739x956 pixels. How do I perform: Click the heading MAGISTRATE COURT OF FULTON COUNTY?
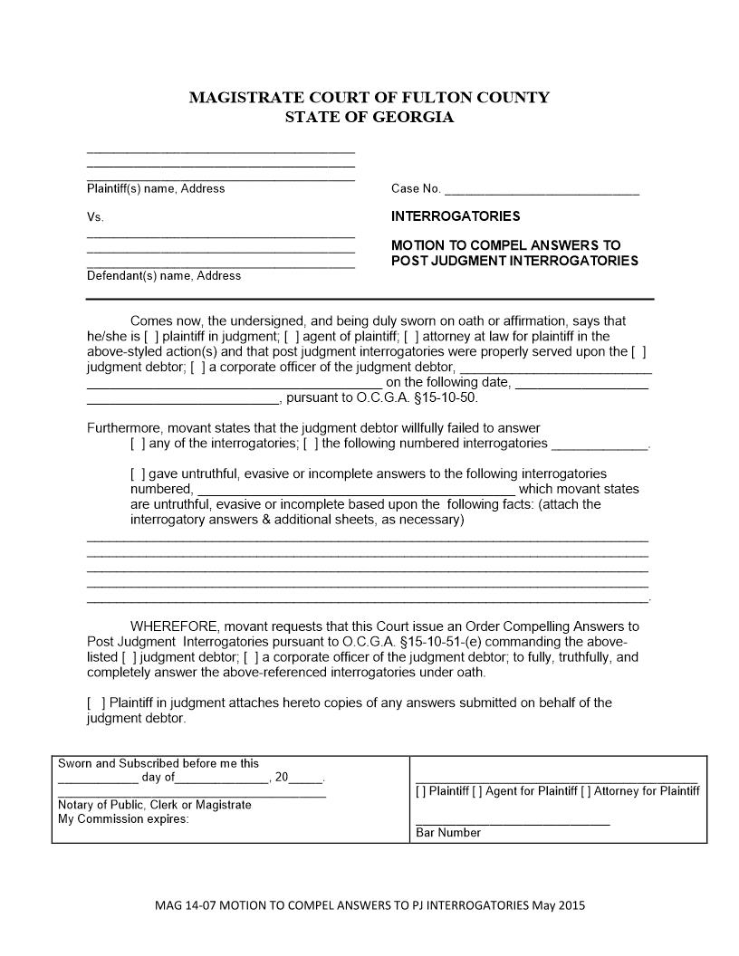(x=369, y=98)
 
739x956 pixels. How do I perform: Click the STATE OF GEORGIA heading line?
(x=369, y=118)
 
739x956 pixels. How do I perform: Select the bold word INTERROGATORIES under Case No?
(x=456, y=216)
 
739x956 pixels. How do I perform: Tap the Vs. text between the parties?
(x=95, y=217)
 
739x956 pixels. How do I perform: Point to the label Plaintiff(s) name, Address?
(x=156, y=189)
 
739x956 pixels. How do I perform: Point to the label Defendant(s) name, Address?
(x=164, y=276)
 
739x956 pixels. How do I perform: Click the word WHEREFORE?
(x=175, y=626)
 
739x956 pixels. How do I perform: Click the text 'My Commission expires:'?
(x=123, y=819)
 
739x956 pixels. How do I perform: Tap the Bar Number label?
(x=448, y=833)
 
